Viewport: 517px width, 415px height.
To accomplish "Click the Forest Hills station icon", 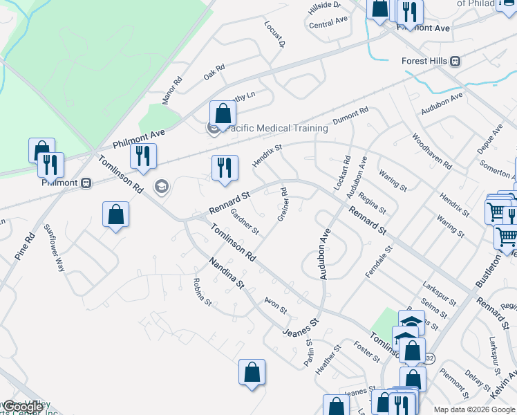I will [455, 61].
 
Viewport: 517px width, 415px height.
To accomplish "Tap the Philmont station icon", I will [86, 183].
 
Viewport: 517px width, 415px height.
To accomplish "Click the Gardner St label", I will [244, 221].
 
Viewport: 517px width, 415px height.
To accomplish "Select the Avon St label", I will [275, 305].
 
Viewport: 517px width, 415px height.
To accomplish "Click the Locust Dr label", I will [275, 33].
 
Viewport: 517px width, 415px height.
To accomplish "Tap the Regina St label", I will [373, 203].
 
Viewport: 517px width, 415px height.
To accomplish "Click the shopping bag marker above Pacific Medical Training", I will [223, 113].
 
